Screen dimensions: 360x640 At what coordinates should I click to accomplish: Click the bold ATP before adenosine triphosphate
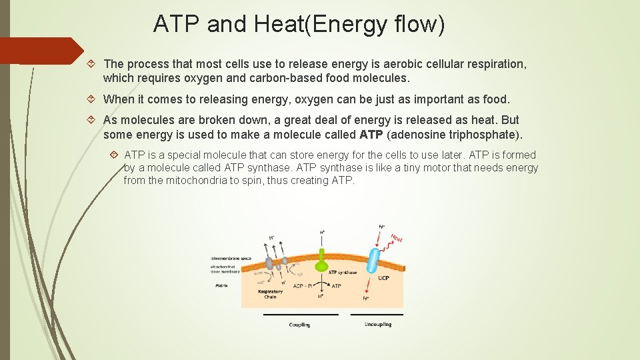click(371, 135)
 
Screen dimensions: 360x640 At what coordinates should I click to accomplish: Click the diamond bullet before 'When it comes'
click(92, 99)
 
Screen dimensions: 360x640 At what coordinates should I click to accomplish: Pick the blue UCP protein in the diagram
click(374, 257)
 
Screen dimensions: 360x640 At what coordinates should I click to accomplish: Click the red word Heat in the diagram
click(397, 237)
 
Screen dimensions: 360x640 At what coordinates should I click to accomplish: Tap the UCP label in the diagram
click(383, 278)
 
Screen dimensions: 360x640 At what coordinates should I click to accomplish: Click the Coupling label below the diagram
click(299, 325)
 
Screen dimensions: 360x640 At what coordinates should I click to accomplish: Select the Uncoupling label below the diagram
click(377, 325)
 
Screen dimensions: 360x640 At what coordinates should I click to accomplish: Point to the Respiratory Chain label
click(270, 294)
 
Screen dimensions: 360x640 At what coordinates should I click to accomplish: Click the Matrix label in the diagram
click(221, 285)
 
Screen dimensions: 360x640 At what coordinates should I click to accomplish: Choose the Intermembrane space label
click(230, 258)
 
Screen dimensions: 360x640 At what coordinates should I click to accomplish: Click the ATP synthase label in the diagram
click(342, 272)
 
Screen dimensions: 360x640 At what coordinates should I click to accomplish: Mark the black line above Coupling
click(300, 315)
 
